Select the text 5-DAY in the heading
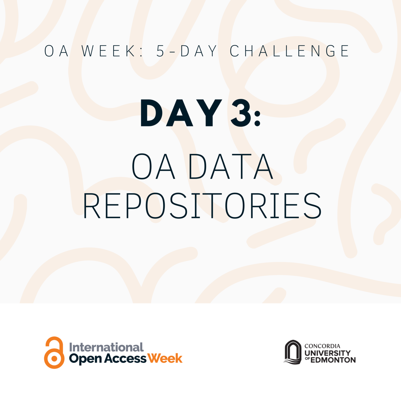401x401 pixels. click(186, 51)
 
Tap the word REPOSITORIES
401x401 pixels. click(202, 206)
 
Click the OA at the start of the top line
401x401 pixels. click(56, 51)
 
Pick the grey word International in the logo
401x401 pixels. click(106, 347)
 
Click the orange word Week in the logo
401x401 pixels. click(165, 358)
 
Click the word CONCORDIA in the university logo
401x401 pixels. click(322, 346)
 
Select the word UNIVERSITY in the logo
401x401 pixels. click(328, 353)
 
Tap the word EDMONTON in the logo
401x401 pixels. click(333, 360)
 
